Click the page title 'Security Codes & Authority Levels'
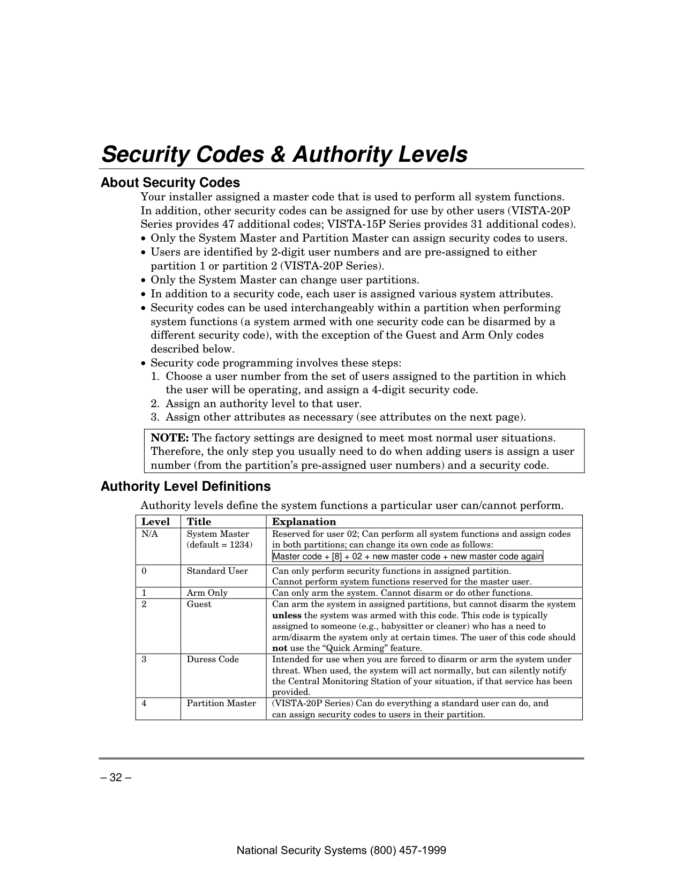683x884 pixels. click(284, 155)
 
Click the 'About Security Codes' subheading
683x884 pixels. click(170, 183)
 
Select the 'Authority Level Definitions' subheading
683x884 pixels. click(185, 486)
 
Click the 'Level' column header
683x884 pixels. click(155, 522)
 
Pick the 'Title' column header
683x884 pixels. click(199, 522)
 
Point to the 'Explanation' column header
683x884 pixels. click(304, 522)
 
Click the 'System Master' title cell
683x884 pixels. click(217, 534)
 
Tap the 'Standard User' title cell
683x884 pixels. click(217, 571)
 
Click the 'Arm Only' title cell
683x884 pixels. click(207, 593)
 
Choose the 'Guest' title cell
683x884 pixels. click(199, 604)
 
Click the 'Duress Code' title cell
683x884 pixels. click(213, 660)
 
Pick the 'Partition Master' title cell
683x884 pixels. click(221, 703)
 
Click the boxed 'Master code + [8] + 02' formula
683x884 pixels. click(407, 557)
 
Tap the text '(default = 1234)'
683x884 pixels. click(219, 545)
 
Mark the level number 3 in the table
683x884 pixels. click(144, 660)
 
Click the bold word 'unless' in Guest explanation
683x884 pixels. click(287, 616)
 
